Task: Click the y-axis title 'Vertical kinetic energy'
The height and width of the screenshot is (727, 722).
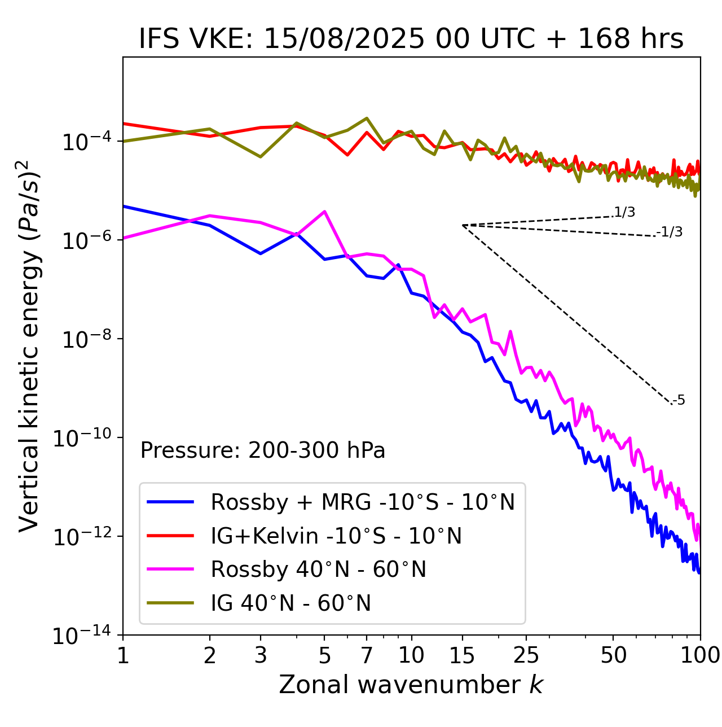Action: pos(29,345)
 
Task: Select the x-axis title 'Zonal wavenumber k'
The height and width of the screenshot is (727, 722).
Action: pos(411,685)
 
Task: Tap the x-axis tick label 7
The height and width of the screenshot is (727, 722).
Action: pos(367,655)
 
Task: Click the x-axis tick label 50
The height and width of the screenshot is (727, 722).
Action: pos(613,655)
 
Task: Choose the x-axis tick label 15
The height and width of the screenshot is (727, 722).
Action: pos(462,655)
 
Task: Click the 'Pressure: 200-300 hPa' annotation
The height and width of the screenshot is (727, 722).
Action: pos(263,450)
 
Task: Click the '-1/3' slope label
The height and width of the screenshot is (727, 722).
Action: pos(670,232)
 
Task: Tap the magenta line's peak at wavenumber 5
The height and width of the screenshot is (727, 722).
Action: pos(324,211)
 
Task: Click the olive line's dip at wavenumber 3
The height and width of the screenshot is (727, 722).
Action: pos(260,157)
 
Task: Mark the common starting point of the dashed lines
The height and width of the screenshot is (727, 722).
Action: pos(463,225)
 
